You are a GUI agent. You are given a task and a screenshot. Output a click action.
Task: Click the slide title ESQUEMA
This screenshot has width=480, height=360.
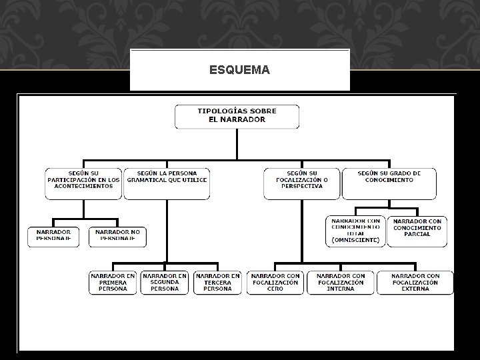239,69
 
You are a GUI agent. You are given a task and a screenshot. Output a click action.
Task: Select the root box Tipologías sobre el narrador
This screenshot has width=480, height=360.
237,116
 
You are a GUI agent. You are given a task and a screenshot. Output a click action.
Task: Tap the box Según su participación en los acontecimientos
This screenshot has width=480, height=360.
84,183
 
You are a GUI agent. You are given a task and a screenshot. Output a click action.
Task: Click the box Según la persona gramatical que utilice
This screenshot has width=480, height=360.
167,183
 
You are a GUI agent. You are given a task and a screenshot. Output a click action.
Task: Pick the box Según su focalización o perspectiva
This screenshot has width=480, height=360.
301,183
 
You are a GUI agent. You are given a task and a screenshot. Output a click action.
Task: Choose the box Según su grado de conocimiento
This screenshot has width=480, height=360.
390,183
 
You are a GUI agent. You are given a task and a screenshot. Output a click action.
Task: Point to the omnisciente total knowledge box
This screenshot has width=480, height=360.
355,231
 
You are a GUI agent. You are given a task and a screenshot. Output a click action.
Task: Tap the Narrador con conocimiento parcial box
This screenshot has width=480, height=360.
417,231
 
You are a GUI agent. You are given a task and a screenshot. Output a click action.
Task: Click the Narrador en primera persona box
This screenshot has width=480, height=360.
113,282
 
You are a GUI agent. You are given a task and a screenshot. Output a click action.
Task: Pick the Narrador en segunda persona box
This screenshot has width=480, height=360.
165,282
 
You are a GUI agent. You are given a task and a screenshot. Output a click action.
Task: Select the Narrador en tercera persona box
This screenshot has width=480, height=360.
217,282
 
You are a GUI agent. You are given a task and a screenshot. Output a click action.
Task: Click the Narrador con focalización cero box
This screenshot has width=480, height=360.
275,282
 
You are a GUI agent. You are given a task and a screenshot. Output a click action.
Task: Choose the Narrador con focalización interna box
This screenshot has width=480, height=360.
340,282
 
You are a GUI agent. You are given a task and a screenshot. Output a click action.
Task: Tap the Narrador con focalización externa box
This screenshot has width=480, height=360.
415,282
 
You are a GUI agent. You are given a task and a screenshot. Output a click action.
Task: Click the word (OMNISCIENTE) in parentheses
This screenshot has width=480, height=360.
355,240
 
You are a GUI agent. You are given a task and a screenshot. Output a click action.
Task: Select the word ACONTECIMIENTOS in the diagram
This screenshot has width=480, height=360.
84,187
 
